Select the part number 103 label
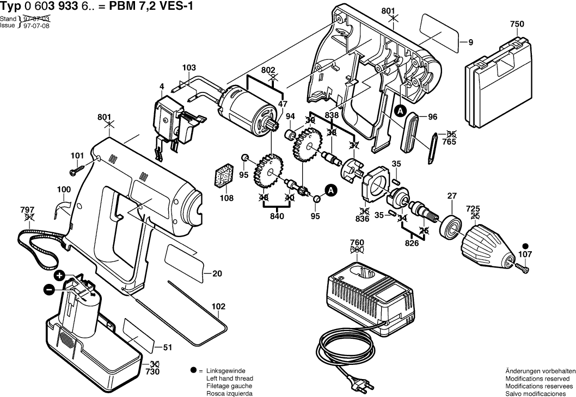(x=189, y=68)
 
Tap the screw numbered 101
(x=75, y=171)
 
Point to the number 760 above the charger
(x=357, y=242)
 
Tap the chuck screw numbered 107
(x=523, y=267)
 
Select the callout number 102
(x=218, y=306)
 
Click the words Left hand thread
(x=230, y=379)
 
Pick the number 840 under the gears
(x=277, y=216)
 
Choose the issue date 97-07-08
(x=36, y=26)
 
